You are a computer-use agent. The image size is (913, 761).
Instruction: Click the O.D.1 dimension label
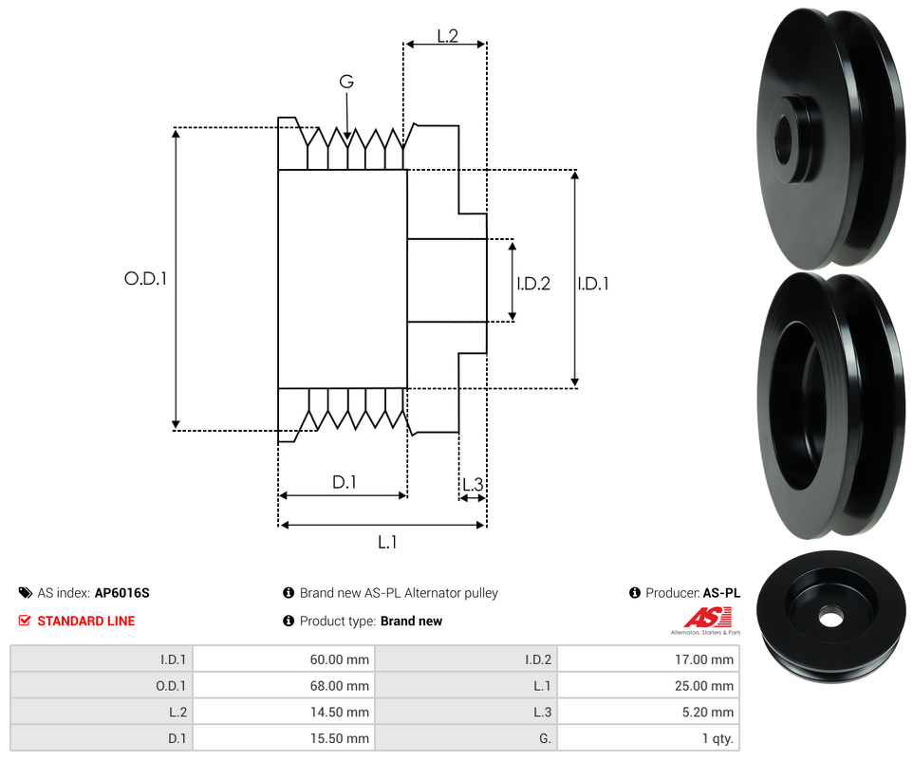(x=145, y=279)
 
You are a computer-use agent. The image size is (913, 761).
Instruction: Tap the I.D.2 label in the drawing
(x=532, y=283)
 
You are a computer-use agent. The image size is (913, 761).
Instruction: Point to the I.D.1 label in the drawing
(x=593, y=283)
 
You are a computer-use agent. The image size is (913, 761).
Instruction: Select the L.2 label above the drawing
(x=447, y=36)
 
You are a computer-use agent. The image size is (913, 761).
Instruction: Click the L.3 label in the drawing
(x=472, y=485)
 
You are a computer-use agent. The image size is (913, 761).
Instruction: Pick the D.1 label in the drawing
(x=344, y=482)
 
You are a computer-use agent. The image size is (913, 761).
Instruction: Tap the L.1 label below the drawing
(x=387, y=542)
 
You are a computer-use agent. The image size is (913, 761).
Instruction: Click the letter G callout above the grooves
(x=346, y=83)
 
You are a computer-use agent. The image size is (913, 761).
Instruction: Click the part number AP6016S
(x=121, y=593)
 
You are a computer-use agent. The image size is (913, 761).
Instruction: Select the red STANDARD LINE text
(x=86, y=621)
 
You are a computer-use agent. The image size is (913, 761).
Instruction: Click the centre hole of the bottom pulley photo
(x=830, y=618)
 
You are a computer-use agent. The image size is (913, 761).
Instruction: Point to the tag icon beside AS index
(x=26, y=593)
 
